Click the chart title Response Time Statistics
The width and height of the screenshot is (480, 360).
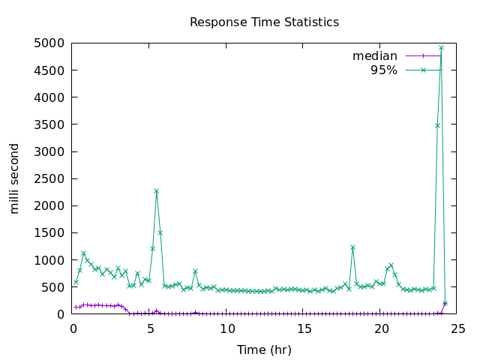[264, 22]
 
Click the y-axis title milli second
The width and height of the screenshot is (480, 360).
[15, 178]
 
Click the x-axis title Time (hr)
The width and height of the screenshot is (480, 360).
[264, 349]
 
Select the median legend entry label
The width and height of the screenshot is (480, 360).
[375, 56]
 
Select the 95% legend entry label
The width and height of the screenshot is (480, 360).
[384, 70]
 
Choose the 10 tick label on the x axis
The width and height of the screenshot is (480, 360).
[227, 328]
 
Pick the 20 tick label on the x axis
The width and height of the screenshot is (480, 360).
[382, 328]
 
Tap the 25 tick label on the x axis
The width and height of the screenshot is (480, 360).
[459, 328]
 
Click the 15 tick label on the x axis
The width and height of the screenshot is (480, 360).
[304, 328]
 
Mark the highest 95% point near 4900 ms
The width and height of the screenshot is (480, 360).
[441, 48]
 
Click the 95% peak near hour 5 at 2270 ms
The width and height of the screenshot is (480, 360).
[156, 191]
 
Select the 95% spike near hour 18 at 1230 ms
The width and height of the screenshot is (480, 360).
[352, 247]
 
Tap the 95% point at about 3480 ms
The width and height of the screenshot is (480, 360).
[437, 125]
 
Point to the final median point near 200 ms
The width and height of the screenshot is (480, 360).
[445, 303]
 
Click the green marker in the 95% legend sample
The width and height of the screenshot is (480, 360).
[423, 70]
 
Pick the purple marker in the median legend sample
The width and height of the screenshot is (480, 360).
[423, 56]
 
